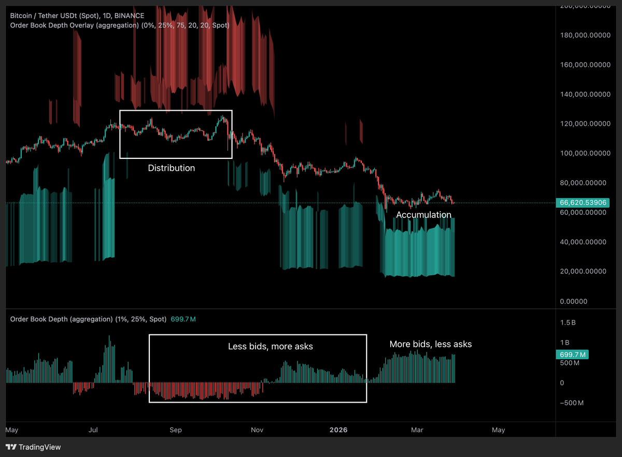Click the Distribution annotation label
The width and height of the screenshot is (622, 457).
[x=172, y=168]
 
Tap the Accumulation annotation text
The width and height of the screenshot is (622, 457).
[x=423, y=215]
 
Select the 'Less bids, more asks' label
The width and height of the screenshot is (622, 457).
[x=270, y=346]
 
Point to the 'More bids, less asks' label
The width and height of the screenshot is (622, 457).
[x=431, y=344]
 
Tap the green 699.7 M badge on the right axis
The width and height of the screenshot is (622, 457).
[x=572, y=355]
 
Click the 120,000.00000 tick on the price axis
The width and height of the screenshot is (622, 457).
[x=585, y=124]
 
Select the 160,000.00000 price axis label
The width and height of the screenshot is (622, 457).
[x=585, y=65]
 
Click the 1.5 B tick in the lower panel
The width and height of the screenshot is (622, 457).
[x=569, y=322]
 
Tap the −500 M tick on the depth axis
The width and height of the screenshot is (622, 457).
[x=572, y=403]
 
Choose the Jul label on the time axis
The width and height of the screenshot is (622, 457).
[x=94, y=430]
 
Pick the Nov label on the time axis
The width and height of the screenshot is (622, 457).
[x=257, y=430]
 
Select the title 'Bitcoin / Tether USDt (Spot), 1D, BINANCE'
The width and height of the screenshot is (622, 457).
[x=77, y=16]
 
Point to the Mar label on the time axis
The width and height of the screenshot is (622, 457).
[x=417, y=430]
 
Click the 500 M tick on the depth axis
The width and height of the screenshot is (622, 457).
[x=570, y=363]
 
